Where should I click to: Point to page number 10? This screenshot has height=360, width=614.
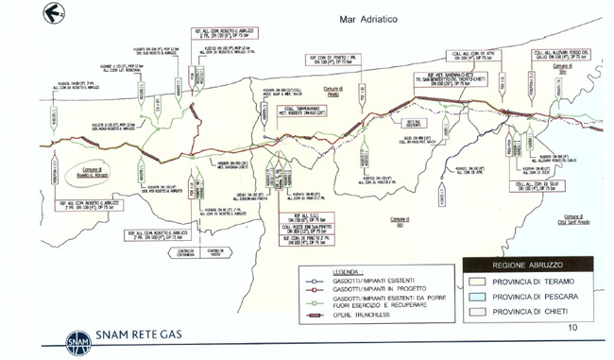pos(572,327)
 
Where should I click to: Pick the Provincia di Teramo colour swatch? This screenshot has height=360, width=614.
pos(483,282)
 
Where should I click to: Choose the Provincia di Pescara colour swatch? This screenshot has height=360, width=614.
pos(483,296)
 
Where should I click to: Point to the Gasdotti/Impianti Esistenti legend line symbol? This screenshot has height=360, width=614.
pos(311,280)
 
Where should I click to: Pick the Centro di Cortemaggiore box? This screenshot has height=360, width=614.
pos(182,251)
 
